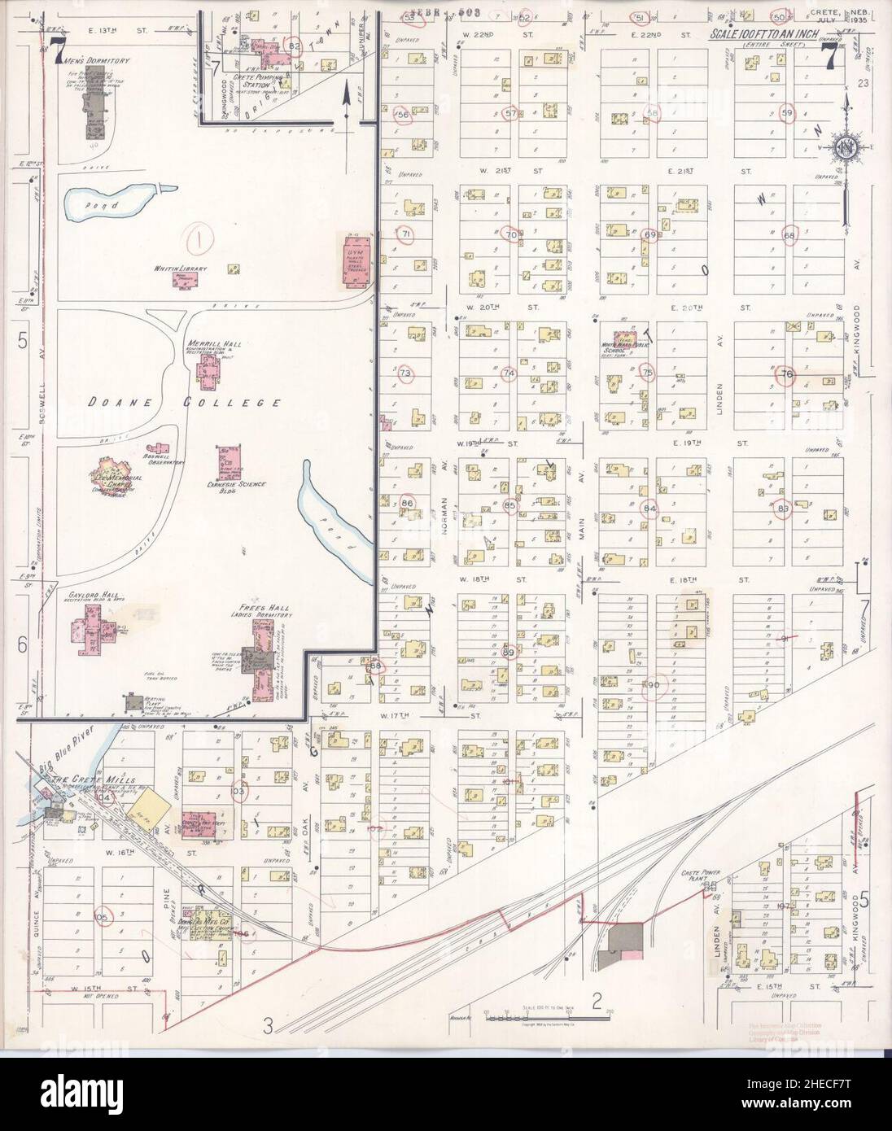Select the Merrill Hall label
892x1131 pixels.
[211, 343]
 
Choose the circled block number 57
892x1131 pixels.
[511, 113]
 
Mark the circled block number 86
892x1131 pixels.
[408, 504]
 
